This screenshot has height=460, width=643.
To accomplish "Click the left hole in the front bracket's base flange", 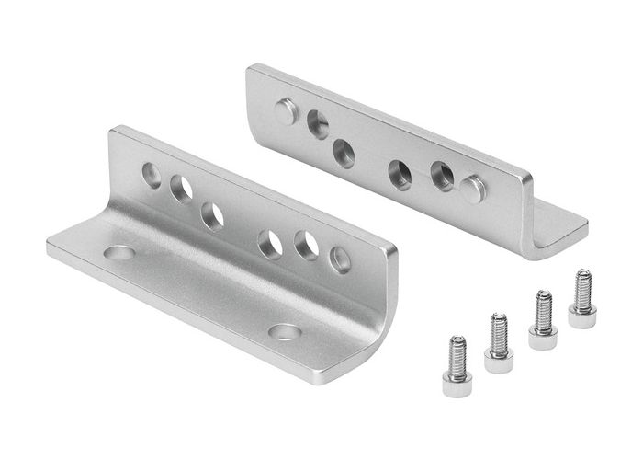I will pos(118,251).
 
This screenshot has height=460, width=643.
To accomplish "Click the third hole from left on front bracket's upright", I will pos(213,216).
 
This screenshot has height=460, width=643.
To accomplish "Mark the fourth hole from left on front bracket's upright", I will pos(270,244).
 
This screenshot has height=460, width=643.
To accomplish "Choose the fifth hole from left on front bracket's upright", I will pos(306,246).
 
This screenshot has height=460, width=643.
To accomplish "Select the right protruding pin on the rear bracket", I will pos(473,190).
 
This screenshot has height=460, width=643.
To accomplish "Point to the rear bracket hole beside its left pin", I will pos(318,122).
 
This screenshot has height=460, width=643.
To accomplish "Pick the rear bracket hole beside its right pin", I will pos(442,176).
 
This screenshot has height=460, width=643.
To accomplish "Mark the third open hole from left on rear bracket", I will pos(400,173).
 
